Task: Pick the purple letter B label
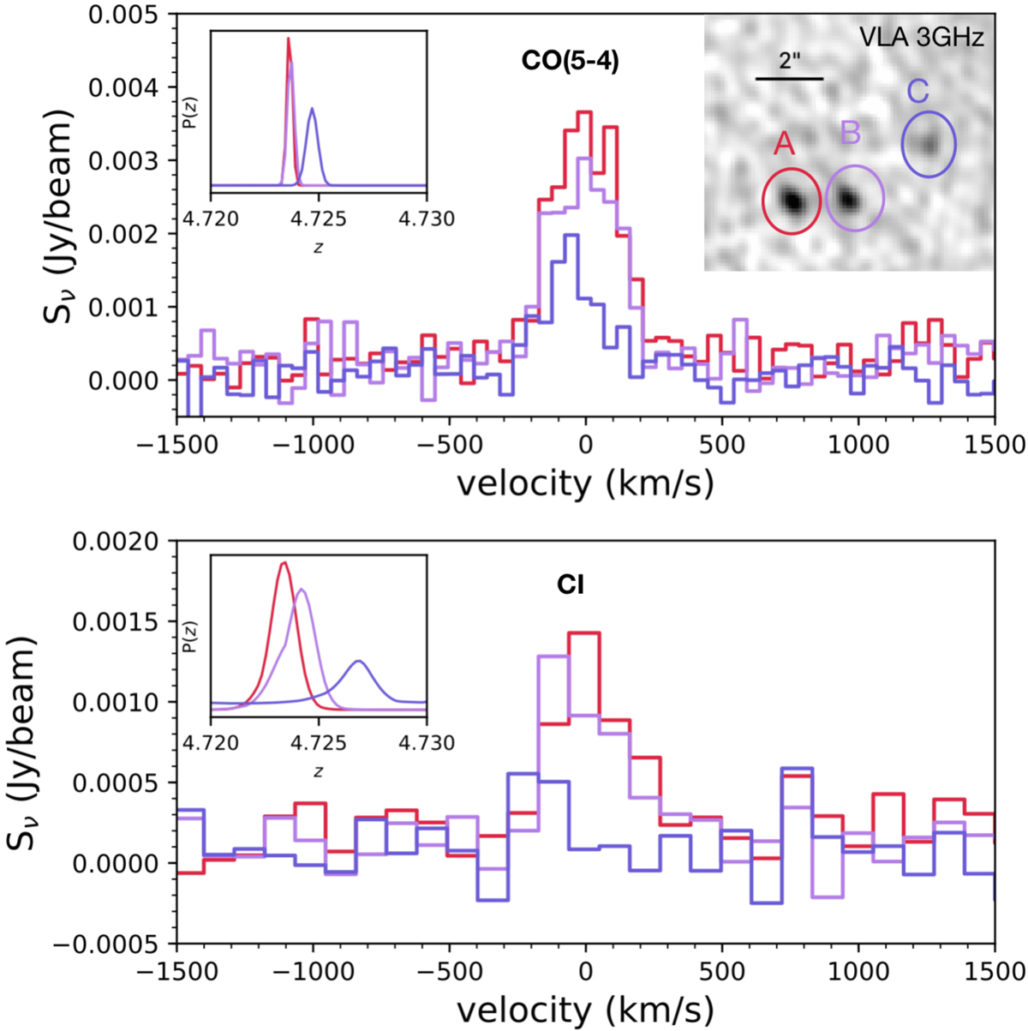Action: (x=850, y=134)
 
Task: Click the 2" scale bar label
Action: (x=790, y=63)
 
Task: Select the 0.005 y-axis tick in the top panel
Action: (x=129, y=15)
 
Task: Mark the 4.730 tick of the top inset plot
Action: (x=427, y=219)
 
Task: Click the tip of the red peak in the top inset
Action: (x=288, y=39)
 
